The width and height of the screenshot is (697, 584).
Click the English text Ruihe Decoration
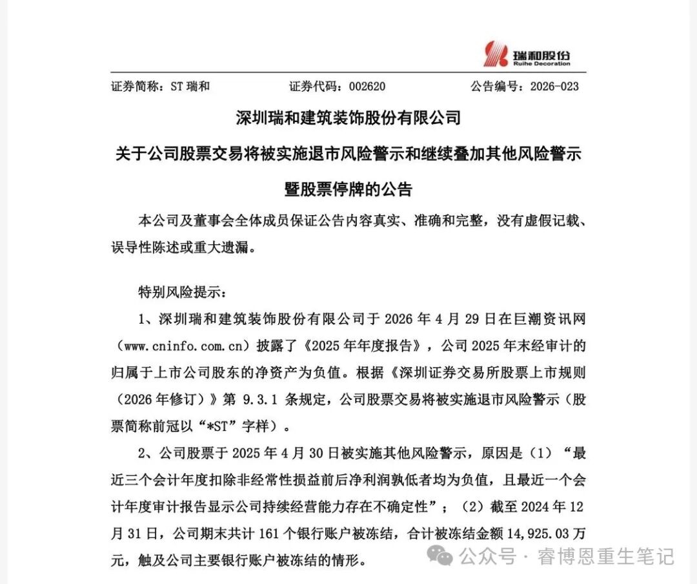tap(542, 63)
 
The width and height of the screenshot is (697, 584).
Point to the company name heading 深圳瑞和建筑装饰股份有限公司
tap(348, 118)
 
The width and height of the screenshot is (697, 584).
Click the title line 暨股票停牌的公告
tap(348, 190)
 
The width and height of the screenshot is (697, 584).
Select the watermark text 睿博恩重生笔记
tap(606, 556)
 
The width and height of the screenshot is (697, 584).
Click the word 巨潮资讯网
tap(553, 319)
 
